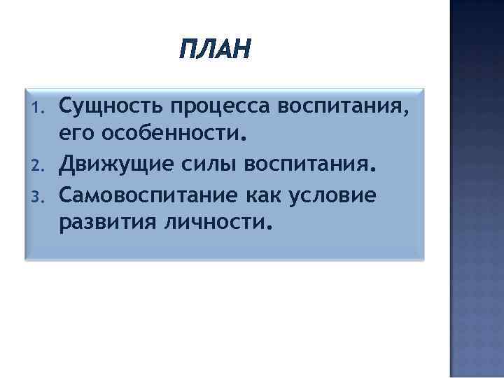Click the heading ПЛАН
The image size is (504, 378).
pos(213,50)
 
